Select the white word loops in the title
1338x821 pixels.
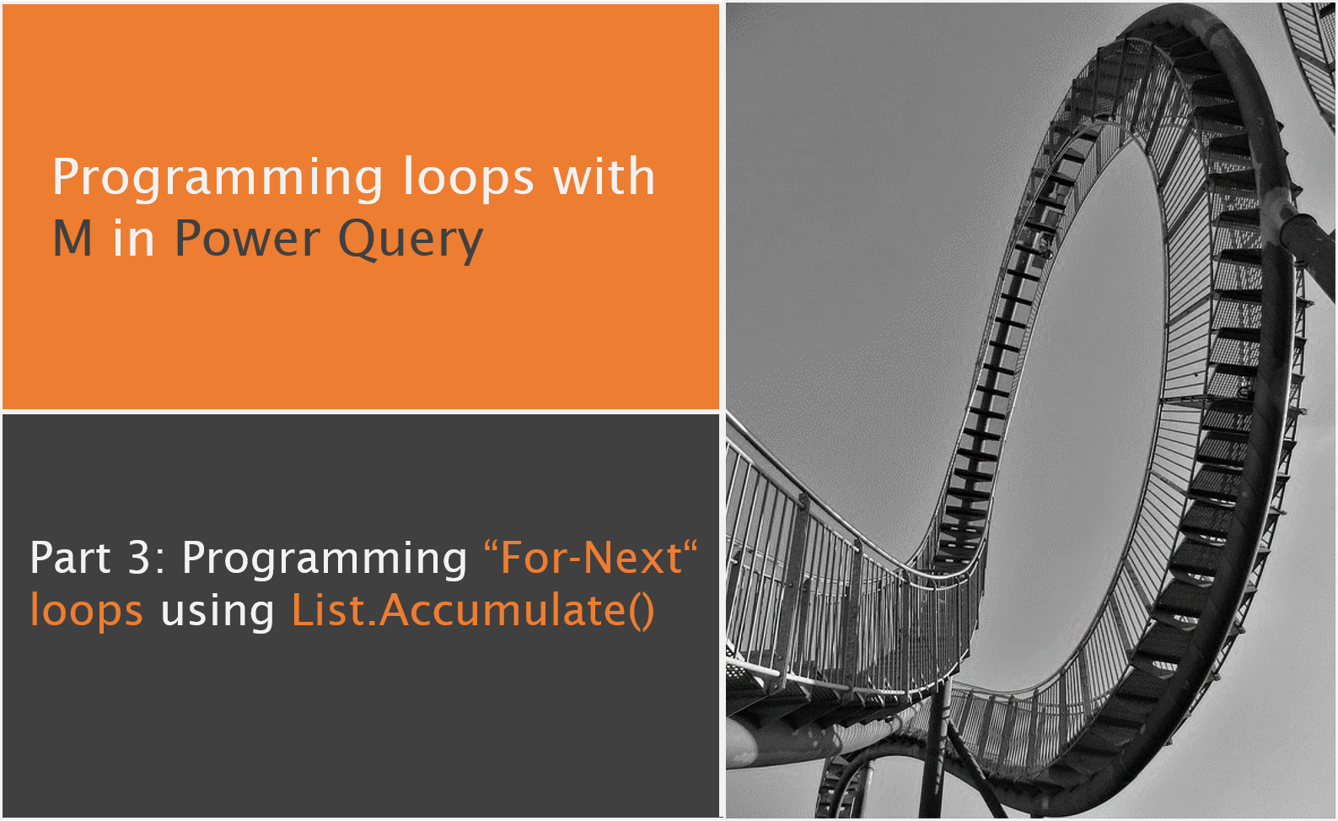coord(468,177)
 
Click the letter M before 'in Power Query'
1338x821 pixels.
coord(73,239)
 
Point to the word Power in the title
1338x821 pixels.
coord(247,239)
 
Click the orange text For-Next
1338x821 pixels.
coord(590,559)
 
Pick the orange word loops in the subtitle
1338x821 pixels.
coord(86,611)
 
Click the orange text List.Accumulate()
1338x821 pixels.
coord(472,611)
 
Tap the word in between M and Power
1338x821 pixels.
coord(133,239)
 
